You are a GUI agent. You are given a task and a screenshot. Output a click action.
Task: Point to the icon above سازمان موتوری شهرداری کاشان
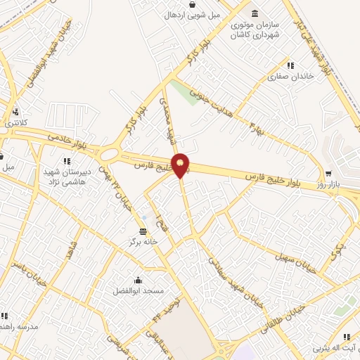tap(253, 13)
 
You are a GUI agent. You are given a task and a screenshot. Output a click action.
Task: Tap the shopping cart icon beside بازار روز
tap(328, 173)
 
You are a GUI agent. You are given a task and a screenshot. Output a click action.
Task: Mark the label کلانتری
tap(13, 123)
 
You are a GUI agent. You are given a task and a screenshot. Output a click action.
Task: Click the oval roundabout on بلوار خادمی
tap(110, 153)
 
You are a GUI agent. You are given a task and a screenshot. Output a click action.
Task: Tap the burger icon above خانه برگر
tap(143, 231)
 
